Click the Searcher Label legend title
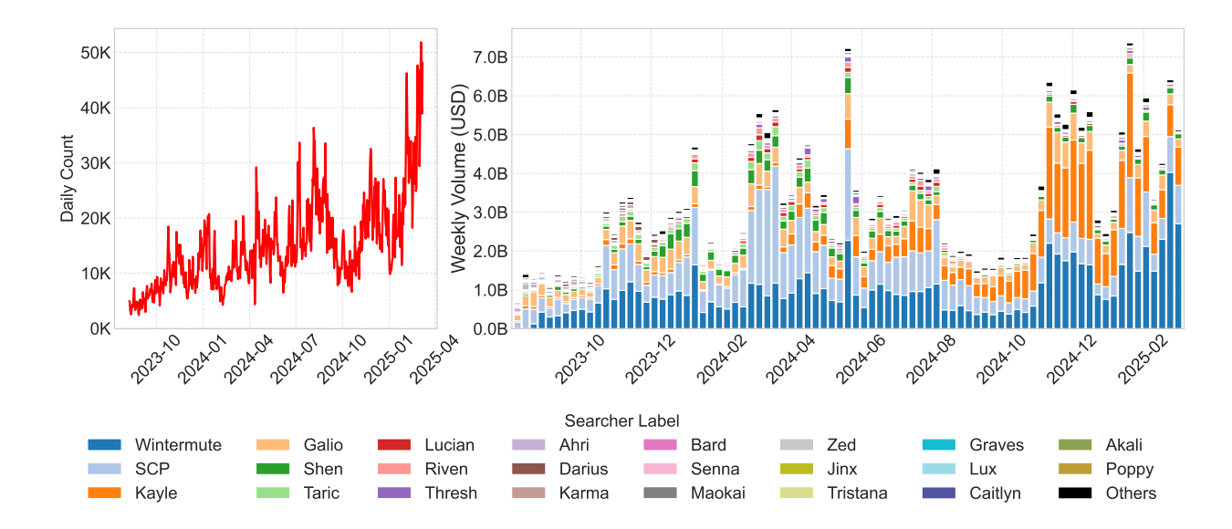point(621,420)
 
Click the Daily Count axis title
point(68,179)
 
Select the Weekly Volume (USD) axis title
point(459,179)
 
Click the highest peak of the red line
point(421,42)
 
